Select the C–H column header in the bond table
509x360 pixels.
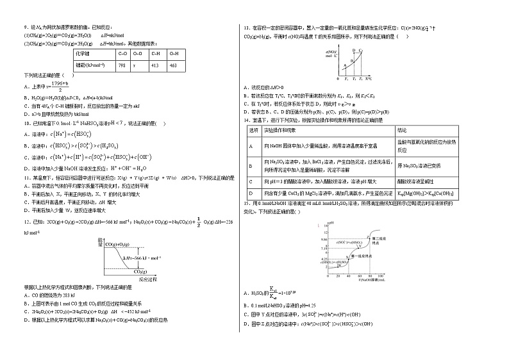tap(154, 54)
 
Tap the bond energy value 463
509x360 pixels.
tap(172, 66)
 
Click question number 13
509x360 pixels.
tap(247, 28)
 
